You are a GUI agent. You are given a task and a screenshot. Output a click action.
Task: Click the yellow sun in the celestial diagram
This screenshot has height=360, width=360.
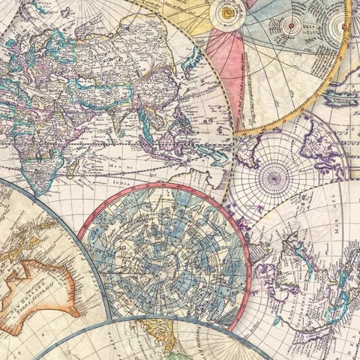(x=225, y=12)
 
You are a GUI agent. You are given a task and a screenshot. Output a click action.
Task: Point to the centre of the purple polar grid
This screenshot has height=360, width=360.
(x=274, y=177)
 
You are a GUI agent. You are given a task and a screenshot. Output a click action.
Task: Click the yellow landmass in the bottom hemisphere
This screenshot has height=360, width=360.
(x=161, y=346)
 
